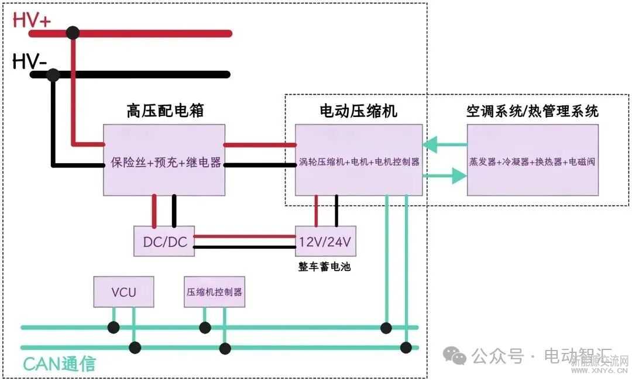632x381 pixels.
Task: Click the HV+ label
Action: tap(32, 20)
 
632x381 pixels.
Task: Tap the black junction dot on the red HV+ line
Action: tap(73, 33)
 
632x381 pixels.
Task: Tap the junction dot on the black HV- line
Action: tap(53, 75)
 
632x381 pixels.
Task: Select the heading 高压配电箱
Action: tap(165, 111)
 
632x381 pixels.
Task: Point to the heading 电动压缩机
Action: tap(358, 111)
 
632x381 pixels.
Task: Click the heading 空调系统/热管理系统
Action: tap(532, 111)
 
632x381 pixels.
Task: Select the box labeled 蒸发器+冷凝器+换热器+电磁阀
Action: tap(532, 160)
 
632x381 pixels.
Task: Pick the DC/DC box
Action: tap(164, 241)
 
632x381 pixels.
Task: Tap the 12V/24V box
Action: tap(325, 241)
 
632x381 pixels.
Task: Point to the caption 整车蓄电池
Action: tap(325, 267)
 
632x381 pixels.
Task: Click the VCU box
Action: tap(124, 292)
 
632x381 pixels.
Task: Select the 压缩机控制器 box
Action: tap(214, 292)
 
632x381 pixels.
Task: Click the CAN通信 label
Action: tap(59, 363)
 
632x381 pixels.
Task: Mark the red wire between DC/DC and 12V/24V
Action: tap(244, 236)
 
